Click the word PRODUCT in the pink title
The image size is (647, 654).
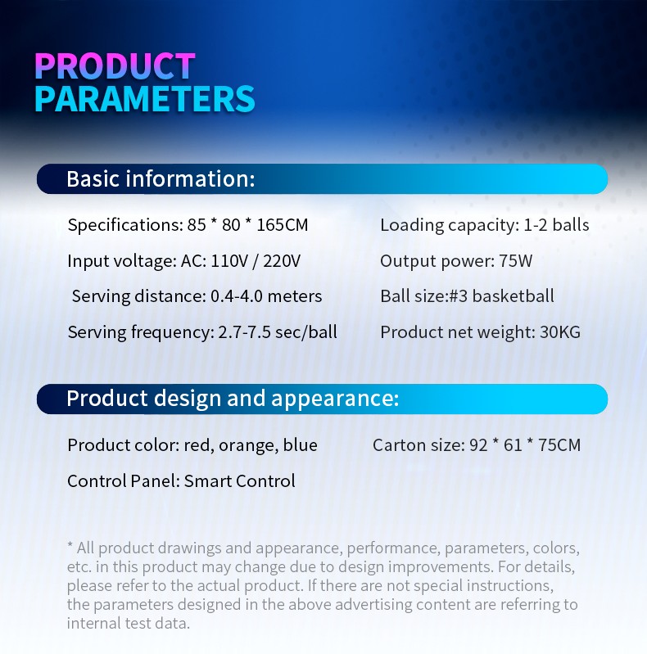click(x=115, y=66)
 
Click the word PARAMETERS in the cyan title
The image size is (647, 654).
click(x=144, y=99)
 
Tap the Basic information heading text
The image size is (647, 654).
click(x=161, y=179)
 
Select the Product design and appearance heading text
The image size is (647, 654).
click(x=233, y=399)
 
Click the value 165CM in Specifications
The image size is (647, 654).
click(x=283, y=225)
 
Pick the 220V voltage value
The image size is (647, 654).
click(x=282, y=261)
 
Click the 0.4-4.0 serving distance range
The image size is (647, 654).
click(x=236, y=296)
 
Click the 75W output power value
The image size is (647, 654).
click(x=515, y=261)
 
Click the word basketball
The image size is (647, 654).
click(x=513, y=296)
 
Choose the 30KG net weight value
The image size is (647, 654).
click(x=559, y=332)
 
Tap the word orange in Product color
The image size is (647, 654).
click(x=248, y=446)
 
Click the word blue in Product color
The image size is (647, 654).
click(x=300, y=445)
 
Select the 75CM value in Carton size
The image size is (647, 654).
click(x=559, y=445)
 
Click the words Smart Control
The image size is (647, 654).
click(x=240, y=481)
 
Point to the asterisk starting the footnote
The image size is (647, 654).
click(x=70, y=544)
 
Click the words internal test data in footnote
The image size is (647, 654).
click(x=128, y=624)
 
